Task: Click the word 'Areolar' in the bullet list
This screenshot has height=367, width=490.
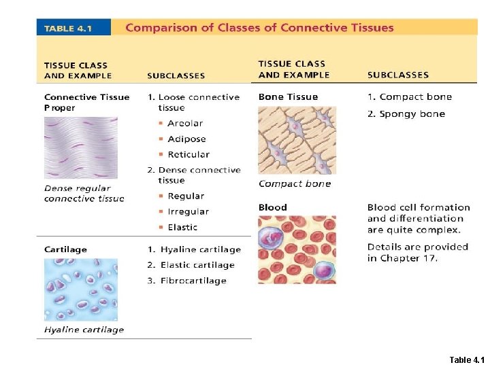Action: coord(185,123)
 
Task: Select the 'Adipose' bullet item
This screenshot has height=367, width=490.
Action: coord(186,139)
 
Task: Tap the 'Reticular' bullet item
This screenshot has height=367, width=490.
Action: coord(189,154)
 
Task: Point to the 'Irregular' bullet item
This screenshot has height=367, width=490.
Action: coord(188,211)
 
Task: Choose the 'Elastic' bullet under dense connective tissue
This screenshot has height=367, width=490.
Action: coord(182,227)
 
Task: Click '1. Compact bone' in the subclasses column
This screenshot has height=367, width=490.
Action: coord(410,97)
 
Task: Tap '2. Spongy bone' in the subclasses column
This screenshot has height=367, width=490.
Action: coord(406,113)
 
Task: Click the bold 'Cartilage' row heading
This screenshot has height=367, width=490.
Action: coord(65,249)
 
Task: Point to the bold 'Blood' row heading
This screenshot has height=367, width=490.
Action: coord(273,207)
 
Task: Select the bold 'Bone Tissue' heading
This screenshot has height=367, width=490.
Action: coord(288,97)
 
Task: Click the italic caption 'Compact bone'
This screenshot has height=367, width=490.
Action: coord(295,183)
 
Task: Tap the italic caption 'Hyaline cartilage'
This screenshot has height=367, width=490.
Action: coord(84,330)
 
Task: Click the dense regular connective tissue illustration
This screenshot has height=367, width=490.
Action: coord(80,147)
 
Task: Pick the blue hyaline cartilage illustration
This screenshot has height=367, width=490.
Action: coord(80,290)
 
